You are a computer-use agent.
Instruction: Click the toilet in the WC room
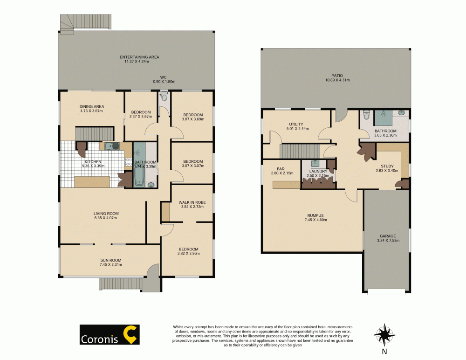[x=164, y=97]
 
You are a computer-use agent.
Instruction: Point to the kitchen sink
[x=111, y=146]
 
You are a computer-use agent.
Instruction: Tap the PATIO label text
[x=337, y=75]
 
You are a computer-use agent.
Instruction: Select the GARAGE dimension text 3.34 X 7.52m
[x=388, y=241]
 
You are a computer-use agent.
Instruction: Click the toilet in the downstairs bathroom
[x=366, y=115]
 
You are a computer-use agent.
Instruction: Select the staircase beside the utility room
[x=298, y=151]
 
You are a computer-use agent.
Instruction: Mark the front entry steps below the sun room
[x=120, y=283]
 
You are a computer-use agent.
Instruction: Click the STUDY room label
[x=387, y=166]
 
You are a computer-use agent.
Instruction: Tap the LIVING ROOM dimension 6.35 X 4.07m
[x=106, y=218]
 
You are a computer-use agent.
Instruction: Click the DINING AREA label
[x=91, y=106]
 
